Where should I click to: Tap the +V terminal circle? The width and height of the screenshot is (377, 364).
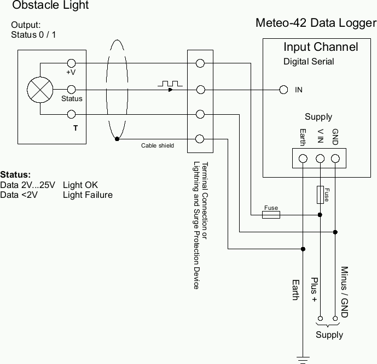pyautogui.click(x=71, y=64)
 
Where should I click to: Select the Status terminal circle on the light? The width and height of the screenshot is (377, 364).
pyautogui.click(x=71, y=89)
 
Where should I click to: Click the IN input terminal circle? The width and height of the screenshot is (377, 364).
pyautogui.click(x=283, y=90)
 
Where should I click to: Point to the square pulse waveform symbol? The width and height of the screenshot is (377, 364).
pyautogui.click(x=170, y=84)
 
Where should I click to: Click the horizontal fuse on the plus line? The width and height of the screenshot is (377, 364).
pyautogui.click(x=271, y=215)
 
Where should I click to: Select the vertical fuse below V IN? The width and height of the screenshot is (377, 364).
pyautogui.click(x=320, y=195)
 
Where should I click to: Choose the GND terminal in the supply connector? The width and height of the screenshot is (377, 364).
pyautogui.click(x=335, y=159)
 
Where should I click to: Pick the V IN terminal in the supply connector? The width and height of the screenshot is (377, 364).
pyautogui.click(x=320, y=159)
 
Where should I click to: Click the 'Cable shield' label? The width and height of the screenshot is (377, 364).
pyautogui.click(x=158, y=145)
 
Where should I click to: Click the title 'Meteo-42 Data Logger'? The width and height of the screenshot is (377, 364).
pyautogui.click(x=316, y=24)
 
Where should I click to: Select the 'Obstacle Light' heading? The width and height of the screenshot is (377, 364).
pyautogui.click(x=50, y=6)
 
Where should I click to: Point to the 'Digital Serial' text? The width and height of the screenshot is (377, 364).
pyautogui.click(x=309, y=61)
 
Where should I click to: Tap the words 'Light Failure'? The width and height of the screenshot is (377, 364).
pyautogui.click(x=88, y=195)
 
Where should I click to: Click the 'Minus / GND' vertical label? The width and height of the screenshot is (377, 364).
pyautogui.click(x=344, y=292)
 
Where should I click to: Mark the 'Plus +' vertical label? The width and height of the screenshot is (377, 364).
pyautogui.click(x=314, y=290)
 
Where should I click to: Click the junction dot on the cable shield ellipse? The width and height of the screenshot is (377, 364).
pyautogui.click(x=117, y=139)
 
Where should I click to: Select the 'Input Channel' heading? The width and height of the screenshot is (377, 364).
pyautogui.click(x=320, y=47)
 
